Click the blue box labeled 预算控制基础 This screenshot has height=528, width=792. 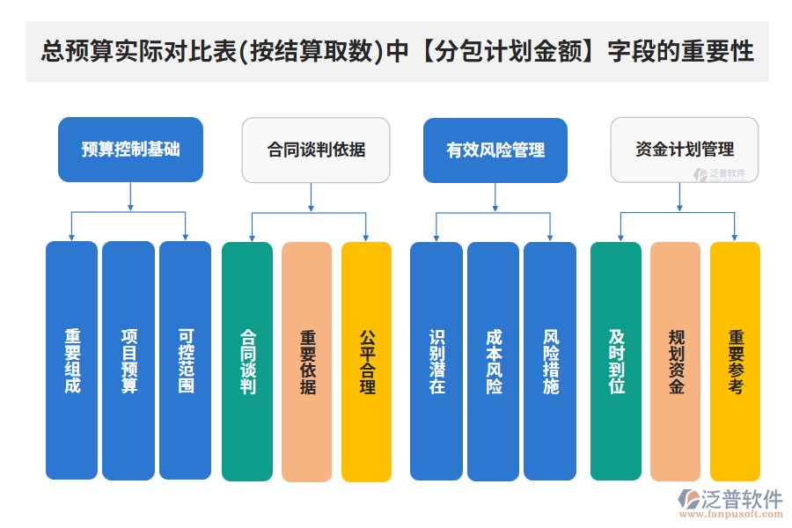pyautogui.click(x=130, y=150)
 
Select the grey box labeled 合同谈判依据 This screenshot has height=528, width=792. pyautogui.click(x=316, y=150)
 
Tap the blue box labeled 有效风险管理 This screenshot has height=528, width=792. pyautogui.click(x=495, y=150)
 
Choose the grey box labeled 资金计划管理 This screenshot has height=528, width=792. pyautogui.click(x=684, y=150)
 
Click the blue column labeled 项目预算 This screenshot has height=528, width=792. pyautogui.click(x=128, y=361)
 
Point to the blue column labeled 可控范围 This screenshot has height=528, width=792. pyautogui.click(x=185, y=361)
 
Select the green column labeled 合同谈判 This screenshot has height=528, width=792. pyautogui.click(x=247, y=362)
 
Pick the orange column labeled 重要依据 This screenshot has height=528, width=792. pyautogui.click(x=307, y=362)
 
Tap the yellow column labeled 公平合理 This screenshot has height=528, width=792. pyautogui.click(x=366, y=362)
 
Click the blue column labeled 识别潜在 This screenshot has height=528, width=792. pyautogui.click(x=436, y=362)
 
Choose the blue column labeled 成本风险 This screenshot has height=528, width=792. pyautogui.click(x=493, y=362)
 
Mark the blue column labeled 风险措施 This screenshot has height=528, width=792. pyautogui.click(x=550, y=362)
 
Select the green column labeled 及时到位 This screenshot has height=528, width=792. pyautogui.click(x=616, y=362)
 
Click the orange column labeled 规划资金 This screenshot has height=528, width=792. pyautogui.click(x=675, y=362)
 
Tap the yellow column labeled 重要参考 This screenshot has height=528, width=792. pyautogui.click(x=735, y=362)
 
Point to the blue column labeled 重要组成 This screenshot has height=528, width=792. pyautogui.click(x=71, y=361)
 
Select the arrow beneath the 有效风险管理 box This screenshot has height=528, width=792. pyautogui.click(x=495, y=197)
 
